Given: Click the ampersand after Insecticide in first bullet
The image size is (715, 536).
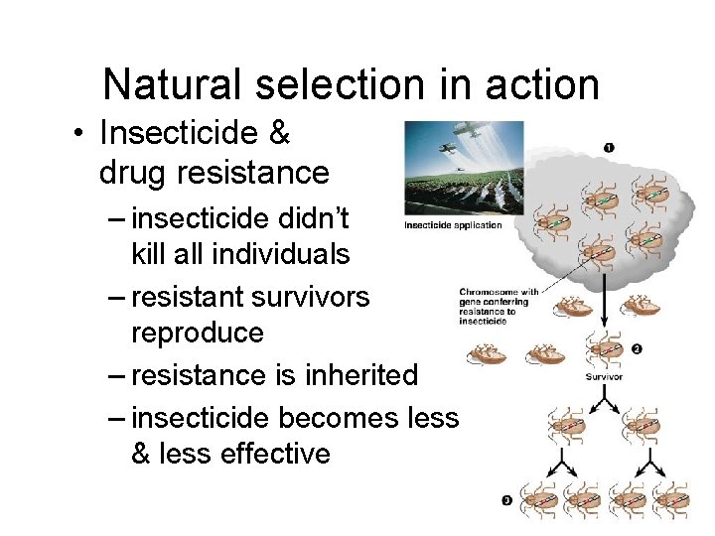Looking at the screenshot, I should point(277,133).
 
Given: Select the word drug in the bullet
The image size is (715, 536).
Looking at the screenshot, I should point(134,173).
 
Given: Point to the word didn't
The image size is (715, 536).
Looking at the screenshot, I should point(334,215).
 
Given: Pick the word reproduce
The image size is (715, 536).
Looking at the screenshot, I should point(198,333).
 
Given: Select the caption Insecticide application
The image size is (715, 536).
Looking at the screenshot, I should point(453,225).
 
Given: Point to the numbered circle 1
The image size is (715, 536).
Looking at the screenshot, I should point(608,148).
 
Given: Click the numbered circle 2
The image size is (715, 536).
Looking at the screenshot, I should point(636,348).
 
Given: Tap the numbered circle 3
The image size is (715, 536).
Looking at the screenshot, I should point(506,501).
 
